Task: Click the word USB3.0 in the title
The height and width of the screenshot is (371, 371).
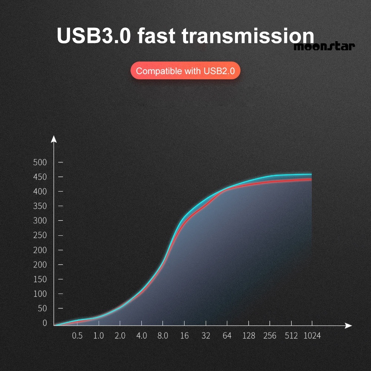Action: [x=93, y=36]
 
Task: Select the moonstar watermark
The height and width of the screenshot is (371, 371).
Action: [x=324, y=46]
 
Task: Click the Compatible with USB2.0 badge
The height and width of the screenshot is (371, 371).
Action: [x=185, y=71]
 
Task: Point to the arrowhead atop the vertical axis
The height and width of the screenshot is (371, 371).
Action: [x=54, y=139]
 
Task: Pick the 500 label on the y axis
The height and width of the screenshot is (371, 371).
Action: [x=40, y=162]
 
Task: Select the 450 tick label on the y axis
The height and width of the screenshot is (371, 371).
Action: [x=40, y=177]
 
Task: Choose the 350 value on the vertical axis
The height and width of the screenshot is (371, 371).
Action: [x=40, y=206]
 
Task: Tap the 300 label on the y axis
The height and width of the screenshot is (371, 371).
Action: [x=40, y=221]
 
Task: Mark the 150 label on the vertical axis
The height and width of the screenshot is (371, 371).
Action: [x=40, y=279]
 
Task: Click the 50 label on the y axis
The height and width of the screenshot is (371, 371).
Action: [x=42, y=308]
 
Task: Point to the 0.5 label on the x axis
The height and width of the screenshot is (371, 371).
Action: [x=77, y=336]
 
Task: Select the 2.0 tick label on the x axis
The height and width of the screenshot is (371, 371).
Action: [x=120, y=336]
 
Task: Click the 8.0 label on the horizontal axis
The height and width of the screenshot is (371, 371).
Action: [x=163, y=336]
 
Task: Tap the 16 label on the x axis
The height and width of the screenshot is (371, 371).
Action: [x=184, y=336]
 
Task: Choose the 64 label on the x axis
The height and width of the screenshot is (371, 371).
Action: [x=227, y=336]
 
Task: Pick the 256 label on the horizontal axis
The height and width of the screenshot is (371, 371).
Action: [x=270, y=336]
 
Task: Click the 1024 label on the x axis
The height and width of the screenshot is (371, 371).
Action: [x=312, y=336]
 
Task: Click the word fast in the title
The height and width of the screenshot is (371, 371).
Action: [x=156, y=36]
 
